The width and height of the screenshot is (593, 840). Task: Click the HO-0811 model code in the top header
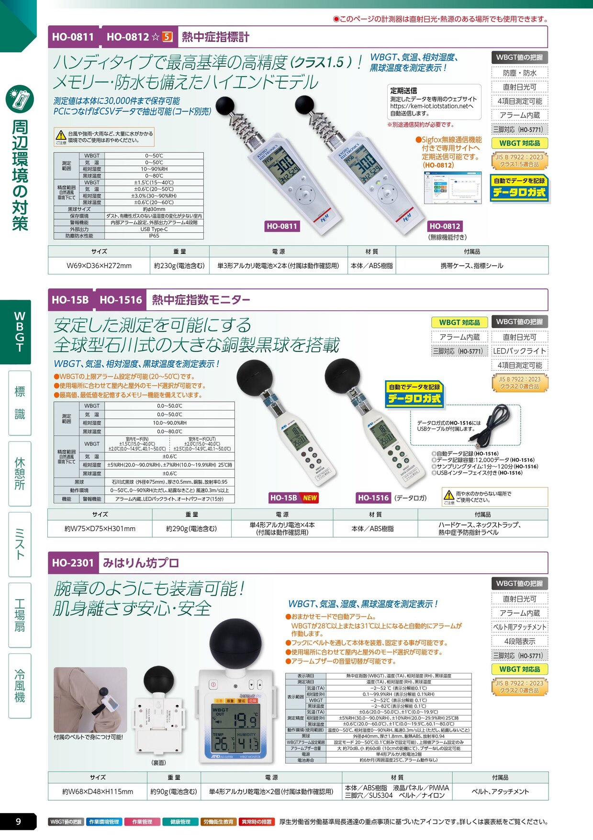coord(73,37)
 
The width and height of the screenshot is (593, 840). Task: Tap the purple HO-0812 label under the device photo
coord(445,226)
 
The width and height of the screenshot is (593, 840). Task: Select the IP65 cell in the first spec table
coord(154,236)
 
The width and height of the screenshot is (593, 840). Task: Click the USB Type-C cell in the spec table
coord(154,229)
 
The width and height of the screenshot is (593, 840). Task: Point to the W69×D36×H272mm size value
coord(99,265)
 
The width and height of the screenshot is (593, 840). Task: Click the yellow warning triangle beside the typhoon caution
coord(61,135)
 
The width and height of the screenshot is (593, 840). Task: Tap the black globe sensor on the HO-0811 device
coord(225,105)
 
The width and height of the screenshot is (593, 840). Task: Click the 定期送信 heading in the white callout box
coord(403,91)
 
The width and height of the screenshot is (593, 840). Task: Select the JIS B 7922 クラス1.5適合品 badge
coord(519,160)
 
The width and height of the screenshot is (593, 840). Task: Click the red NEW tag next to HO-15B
coord(310,498)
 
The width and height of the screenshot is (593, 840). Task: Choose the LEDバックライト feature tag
coord(519,351)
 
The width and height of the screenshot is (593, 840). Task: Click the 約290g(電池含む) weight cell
coord(191,528)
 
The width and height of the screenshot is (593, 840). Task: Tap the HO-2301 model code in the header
coord(73,563)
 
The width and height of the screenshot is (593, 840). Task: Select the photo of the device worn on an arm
coord(90,699)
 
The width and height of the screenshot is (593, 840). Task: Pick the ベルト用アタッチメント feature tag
coord(519,627)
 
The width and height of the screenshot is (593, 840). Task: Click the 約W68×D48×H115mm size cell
coord(98,792)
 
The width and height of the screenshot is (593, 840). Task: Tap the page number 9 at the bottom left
coord(18,822)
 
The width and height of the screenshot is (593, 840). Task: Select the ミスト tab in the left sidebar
coord(20,544)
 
